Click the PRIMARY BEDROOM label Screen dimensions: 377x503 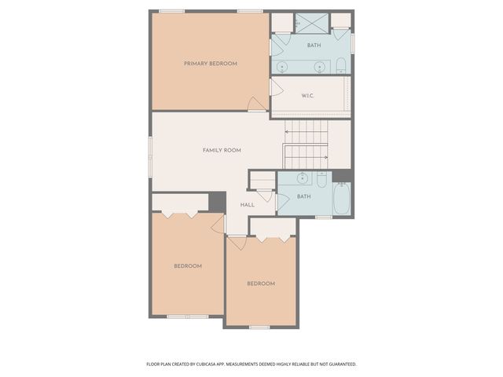[x=210, y=64]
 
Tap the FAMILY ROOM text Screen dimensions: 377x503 [x=222, y=150]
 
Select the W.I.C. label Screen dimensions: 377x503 [x=307, y=96]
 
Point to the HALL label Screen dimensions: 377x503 [x=247, y=205]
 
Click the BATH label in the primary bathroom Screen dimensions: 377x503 [x=314, y=46]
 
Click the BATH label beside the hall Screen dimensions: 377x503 [x=303, y=196]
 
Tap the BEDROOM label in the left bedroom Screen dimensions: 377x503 [x=188, y=266]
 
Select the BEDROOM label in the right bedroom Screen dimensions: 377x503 [x=261, y=284]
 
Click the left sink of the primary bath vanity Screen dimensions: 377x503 [x=282, y=67]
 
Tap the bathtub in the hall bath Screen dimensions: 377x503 [x=342, y=199]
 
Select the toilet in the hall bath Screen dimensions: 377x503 [x=321, y=178]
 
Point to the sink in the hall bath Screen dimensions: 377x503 [x=303, y=177]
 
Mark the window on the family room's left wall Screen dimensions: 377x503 [x=149, y=150]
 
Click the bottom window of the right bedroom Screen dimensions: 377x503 [x=260, y=326]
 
